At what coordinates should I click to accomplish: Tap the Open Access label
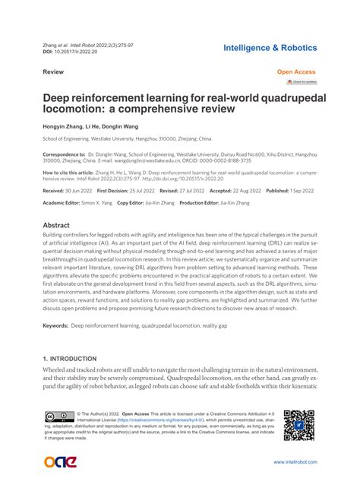[x=295, y=71]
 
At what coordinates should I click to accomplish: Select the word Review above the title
[x=52, y=71]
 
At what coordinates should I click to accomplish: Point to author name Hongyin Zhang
[x=63, y=125]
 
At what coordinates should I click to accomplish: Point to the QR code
[x=298, y=426]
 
